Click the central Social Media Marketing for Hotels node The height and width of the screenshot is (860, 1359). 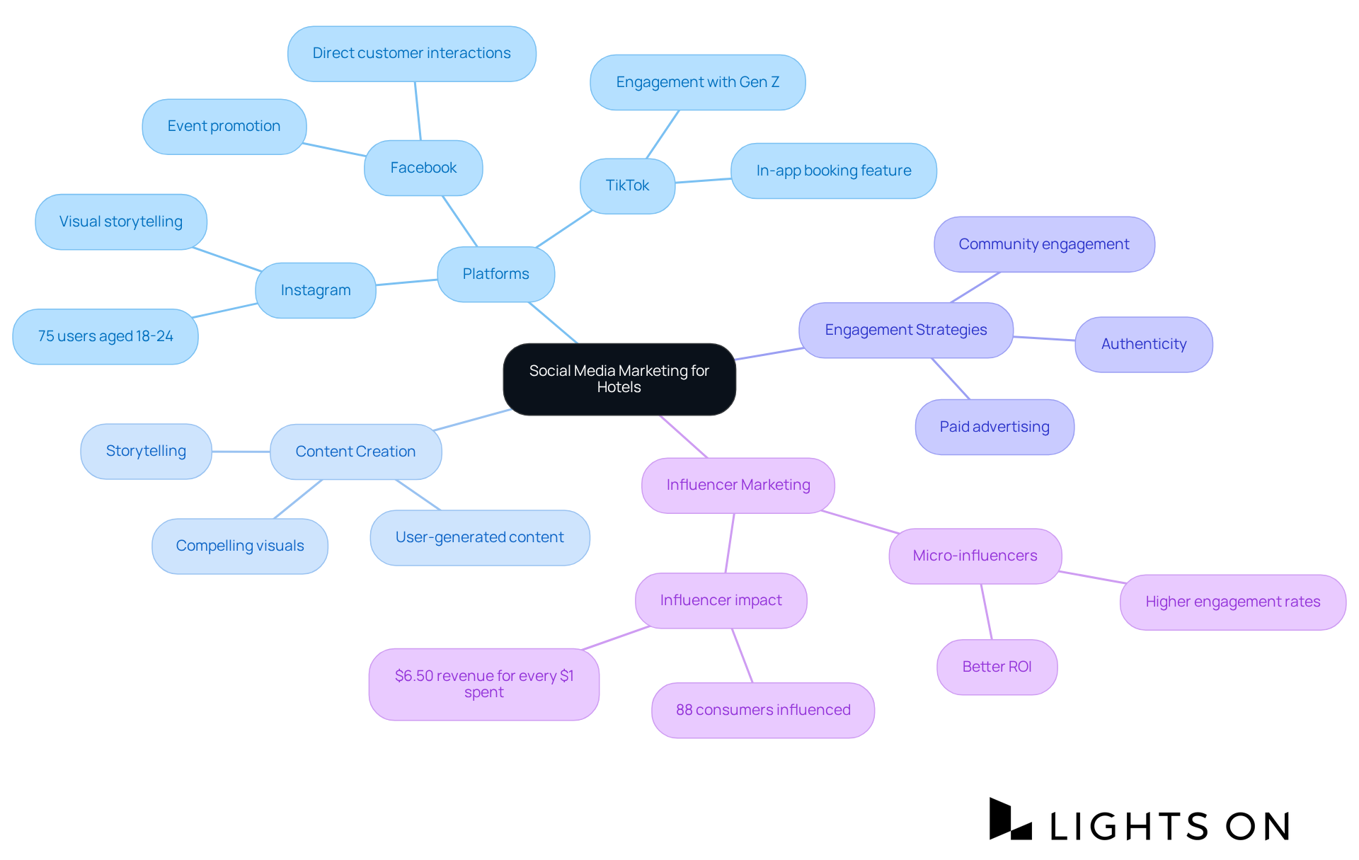(x=619, y=379)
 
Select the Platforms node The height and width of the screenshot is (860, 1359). (x=495, y=274)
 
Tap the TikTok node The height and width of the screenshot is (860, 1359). (x=627, y=185)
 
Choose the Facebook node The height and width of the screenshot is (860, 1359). (x=423, y=168)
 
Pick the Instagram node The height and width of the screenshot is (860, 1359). (x=315, y=290)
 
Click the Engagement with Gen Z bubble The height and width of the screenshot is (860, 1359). (x=697, y=82)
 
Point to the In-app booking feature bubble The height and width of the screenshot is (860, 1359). (x=833, y=171)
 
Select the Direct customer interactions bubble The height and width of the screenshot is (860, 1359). (x=411, y=53)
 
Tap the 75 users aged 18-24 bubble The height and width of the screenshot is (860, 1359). (x=105, y=336)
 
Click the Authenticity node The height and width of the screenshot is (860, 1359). (x=1143, y=344)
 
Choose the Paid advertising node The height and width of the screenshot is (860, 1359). (x=994, y=427)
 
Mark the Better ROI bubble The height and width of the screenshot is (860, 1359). (x=997, y=667)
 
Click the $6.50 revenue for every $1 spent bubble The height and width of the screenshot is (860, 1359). (x=483, y=684)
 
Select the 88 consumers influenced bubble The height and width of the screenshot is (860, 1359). (x=762, y=710)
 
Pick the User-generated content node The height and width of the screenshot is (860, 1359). (x=479, y=537)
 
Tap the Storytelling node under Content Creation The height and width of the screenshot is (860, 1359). (x=146, y=451)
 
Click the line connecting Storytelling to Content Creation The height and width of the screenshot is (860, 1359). (x=241, y=452)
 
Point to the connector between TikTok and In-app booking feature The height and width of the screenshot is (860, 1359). (x=703, y=180)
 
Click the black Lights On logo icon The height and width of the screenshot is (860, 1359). (x=1009, y=820)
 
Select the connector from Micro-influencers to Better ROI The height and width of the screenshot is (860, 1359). (x=986, y=612)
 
